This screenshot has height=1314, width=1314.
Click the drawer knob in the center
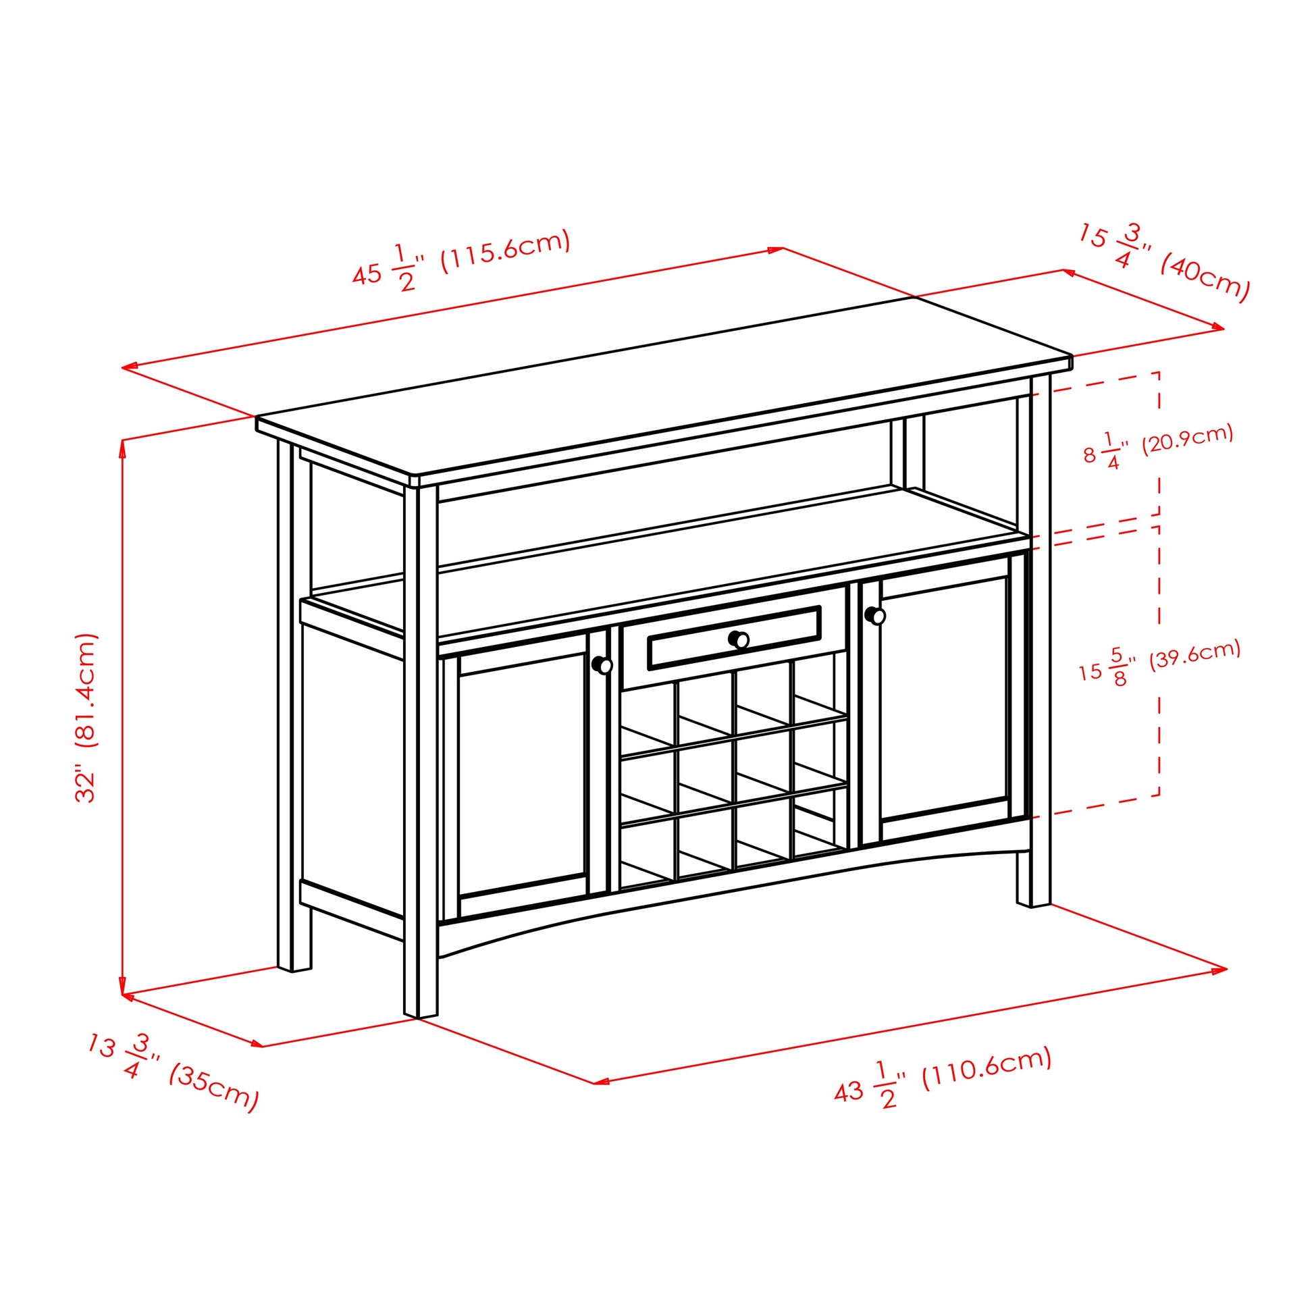(739, 639)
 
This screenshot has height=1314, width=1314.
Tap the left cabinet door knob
(602, 664)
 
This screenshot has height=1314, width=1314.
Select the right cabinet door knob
(875, 616)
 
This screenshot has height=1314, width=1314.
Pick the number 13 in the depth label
(101, 1046)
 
